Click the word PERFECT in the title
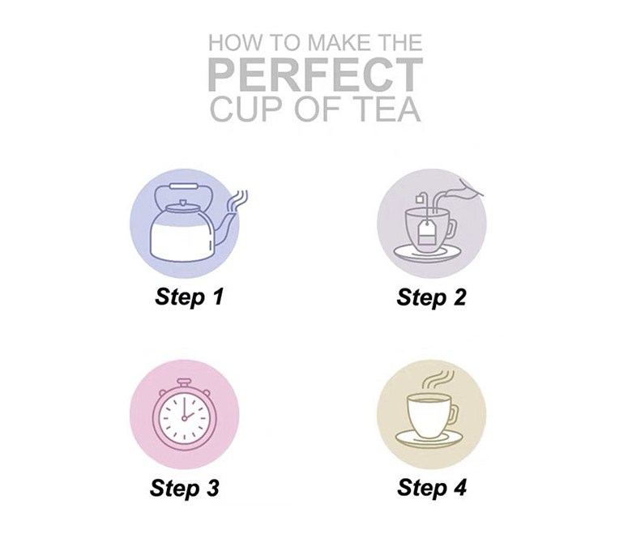click(316, 75)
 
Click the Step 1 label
click(189, 297)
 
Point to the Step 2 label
click(431, 297)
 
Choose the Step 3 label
click(184, 488)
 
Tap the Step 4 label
click(432, 487)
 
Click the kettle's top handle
click(183, 187)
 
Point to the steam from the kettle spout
click(238, 201)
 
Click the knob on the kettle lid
click(183, 202)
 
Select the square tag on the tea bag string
click(420, 199)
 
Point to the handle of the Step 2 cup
click(452, 229)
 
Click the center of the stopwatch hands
click(184, 418)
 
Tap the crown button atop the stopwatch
click(184, 382)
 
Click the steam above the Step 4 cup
click(438, 379)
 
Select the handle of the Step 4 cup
click(453, 415)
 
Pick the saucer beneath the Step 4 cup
click(427, 440)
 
